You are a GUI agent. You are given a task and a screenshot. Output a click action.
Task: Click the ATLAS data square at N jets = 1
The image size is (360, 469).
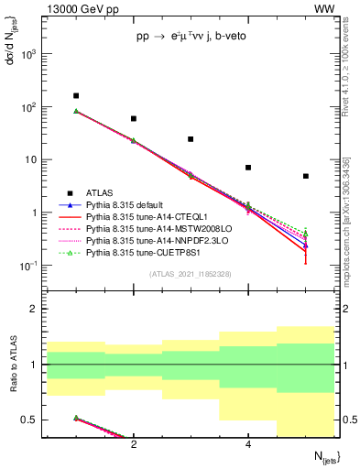pyautogui.click(x=76, y=95)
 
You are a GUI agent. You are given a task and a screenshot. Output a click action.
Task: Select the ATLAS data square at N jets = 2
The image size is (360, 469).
pyautogui.click(x=134, y=118)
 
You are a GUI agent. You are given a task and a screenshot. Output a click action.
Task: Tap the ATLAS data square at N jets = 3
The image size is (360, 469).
pyautogui.click(x=191, y=139)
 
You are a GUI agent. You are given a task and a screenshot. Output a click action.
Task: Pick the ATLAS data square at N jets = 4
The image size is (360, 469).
pyautogui.click(x=248, y=168)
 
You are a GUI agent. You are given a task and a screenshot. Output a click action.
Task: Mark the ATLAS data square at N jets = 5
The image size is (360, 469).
pyautogui.click(x=305, y=176)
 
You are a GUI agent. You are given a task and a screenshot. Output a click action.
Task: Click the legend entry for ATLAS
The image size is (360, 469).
pyautogui.click(x=100, y=193)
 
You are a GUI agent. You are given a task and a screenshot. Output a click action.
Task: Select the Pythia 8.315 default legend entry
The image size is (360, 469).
pyautogui.click(x=128, y=205)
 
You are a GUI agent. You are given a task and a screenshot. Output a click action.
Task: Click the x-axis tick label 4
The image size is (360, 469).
pyautogui.click(x=248, y=444)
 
